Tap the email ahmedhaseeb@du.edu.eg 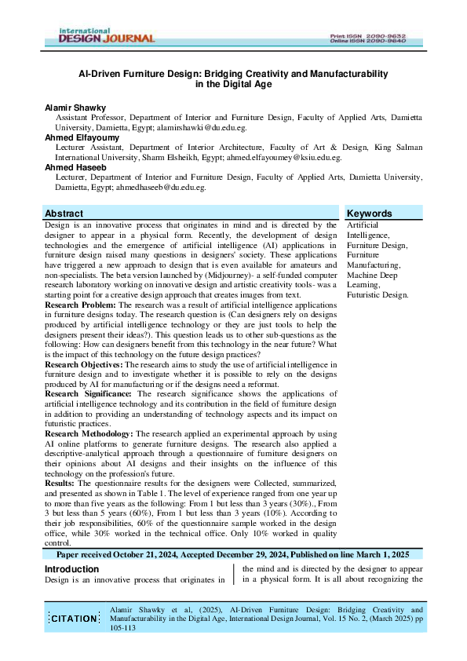pos(160,188)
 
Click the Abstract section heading pos(64,214)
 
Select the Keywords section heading pos(369,214)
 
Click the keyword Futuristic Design pos(377,295)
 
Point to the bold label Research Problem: pos(80,304)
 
